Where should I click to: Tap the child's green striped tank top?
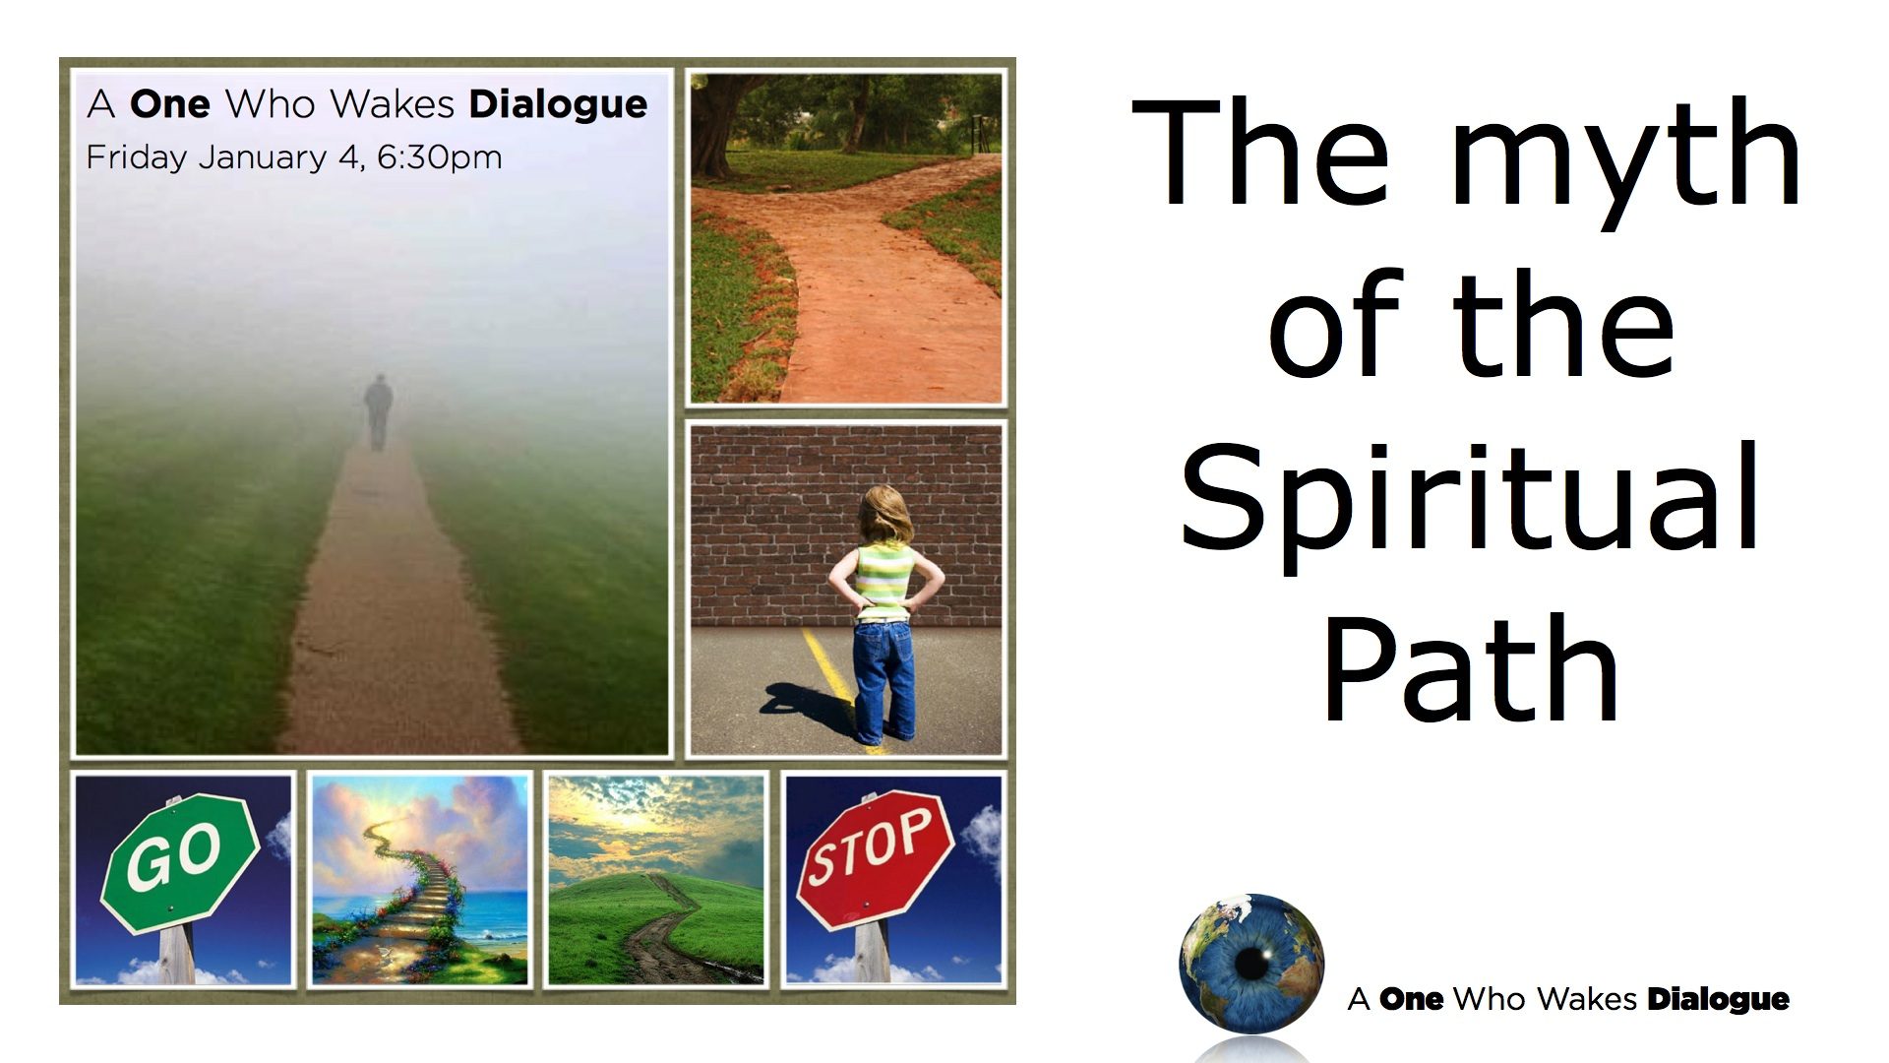click(883, 581)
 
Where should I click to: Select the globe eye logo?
click(1251, 964)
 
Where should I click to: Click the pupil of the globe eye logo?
click(1251, 964)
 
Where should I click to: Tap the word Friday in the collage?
click(136, 157)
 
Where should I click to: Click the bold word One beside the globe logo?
click(1411, 999)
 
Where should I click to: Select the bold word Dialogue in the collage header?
click(558, 104)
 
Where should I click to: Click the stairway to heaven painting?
click(420, 879)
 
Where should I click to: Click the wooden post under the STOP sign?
click(873, 950)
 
